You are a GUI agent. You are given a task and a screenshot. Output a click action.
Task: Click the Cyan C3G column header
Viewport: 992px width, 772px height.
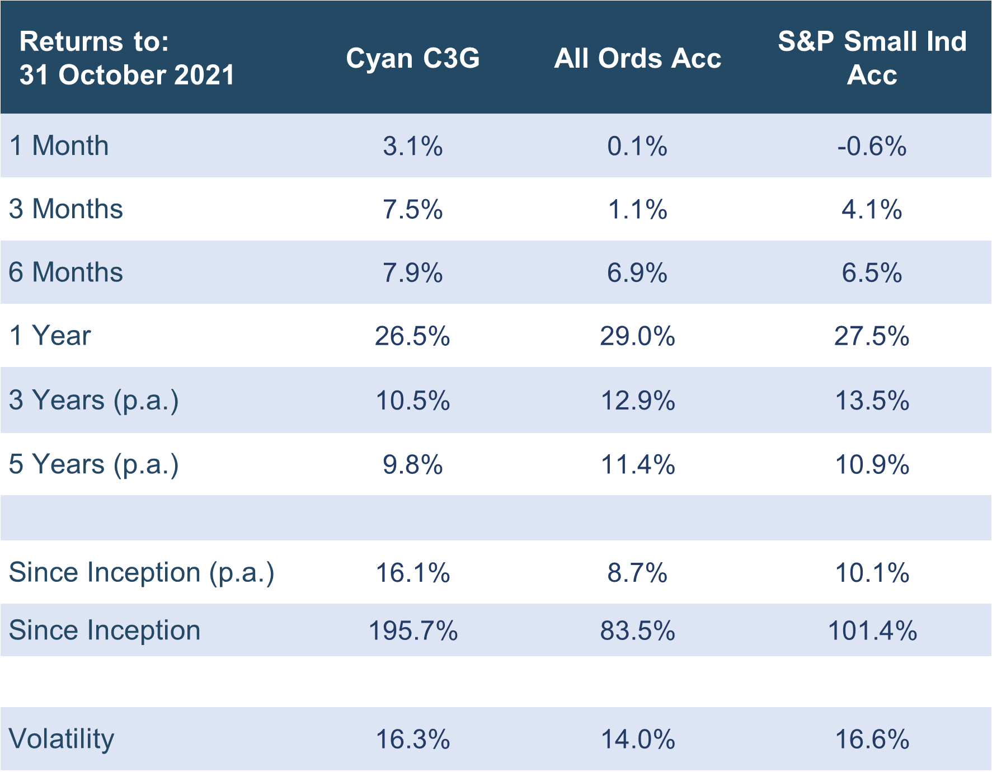[413, 58]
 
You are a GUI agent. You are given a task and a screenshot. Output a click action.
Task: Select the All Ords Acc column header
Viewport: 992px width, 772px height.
[637, 58]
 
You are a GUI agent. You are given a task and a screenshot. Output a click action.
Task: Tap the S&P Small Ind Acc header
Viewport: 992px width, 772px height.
[872, 58]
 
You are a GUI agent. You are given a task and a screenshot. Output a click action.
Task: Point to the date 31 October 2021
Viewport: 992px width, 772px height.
[127, 74]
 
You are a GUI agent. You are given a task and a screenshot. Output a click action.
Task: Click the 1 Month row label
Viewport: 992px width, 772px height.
[59, 145]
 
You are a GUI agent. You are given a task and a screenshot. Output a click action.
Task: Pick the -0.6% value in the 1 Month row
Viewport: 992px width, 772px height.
[872, 146]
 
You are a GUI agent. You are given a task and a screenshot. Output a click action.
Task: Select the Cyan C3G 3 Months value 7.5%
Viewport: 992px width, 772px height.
[413, 209]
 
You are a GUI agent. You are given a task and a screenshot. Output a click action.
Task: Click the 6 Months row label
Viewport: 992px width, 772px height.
[66, 272]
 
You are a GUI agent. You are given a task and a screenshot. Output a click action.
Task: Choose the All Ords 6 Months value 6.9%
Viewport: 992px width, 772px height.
[637, 273]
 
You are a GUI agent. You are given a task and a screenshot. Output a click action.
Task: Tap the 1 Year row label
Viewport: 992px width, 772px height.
[50, 336]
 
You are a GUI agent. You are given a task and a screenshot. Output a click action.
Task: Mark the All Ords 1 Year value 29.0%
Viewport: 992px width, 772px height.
[637, 336]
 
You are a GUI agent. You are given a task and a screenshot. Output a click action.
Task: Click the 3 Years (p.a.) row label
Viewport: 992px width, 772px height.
[94, 401]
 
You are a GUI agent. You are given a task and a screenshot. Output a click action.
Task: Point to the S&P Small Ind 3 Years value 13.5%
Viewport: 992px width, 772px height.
[872, 401]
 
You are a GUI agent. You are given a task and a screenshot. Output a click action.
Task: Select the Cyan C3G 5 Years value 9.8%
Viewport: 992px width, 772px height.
[413, 464]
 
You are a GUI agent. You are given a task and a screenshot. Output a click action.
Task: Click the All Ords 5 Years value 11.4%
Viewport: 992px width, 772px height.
[637, 464]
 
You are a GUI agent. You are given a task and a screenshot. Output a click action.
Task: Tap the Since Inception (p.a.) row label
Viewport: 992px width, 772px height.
[142, 573]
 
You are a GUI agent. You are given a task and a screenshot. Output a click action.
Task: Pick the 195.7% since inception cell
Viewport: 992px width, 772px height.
[413, 630]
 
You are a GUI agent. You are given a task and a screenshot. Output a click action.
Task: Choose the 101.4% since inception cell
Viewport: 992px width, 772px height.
[872, 630]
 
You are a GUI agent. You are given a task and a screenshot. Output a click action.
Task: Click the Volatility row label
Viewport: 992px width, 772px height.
[62, 739]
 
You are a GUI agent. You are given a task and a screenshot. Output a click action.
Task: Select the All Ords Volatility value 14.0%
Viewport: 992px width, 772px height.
[637, 740]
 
